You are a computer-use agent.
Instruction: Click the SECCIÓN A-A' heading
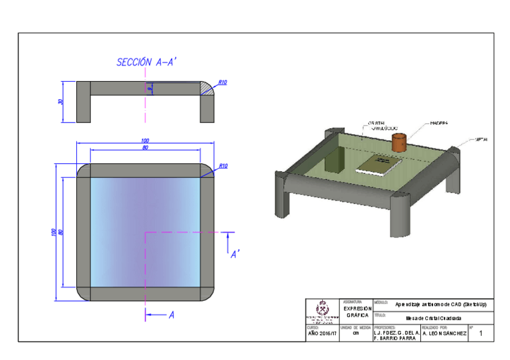coord(146,62)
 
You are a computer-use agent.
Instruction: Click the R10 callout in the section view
coord(222,82)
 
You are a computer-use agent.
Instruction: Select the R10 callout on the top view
coord(223,166)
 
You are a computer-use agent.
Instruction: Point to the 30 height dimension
coord(60,102)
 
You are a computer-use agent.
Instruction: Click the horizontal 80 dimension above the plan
coord(145,147)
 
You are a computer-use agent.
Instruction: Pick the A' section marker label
coord(236,255)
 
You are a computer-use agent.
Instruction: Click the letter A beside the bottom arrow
coord(171,314)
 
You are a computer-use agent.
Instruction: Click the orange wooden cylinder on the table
coord(398,142)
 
